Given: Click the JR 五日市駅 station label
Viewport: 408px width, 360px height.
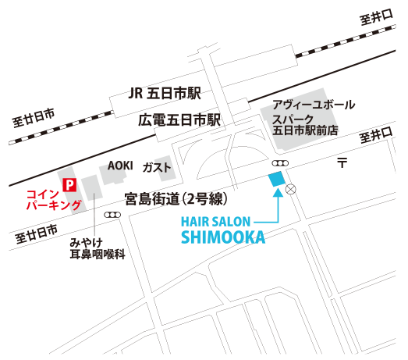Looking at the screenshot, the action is point(165,93).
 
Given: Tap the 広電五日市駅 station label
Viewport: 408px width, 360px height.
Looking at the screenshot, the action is point(179,120).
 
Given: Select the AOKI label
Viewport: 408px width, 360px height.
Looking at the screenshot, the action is point(120,166).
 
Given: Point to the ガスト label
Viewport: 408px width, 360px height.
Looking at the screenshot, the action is point(156,167).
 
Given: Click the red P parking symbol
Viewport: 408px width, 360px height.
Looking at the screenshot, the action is point(69,185).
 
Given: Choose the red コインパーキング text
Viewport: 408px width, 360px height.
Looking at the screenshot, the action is point(54,200).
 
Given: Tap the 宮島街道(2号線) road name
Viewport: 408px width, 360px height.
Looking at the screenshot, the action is point(176,199).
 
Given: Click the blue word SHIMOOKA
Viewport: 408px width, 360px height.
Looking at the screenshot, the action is point(223,237).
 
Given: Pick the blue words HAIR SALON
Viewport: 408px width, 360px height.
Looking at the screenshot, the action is point(215,222).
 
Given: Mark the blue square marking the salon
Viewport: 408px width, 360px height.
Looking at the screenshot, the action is point(277,179).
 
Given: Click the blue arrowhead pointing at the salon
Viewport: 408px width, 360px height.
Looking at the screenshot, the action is point(279,192).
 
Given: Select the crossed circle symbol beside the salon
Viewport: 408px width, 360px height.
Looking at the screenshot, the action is point(291,189).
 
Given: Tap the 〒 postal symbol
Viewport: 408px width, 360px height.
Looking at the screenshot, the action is point(342,162).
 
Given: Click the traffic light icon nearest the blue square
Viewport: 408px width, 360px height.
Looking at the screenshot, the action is point(280,163).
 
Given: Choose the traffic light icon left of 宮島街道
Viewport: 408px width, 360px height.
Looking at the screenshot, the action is point(112,215).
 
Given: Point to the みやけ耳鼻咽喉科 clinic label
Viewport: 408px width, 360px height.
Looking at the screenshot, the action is point(98,248).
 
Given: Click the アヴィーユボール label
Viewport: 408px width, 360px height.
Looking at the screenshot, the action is point(314,105).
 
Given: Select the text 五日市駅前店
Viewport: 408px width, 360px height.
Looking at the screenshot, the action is point(305,130).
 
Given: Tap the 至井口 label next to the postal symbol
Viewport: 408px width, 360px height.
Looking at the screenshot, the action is point(376,135).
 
